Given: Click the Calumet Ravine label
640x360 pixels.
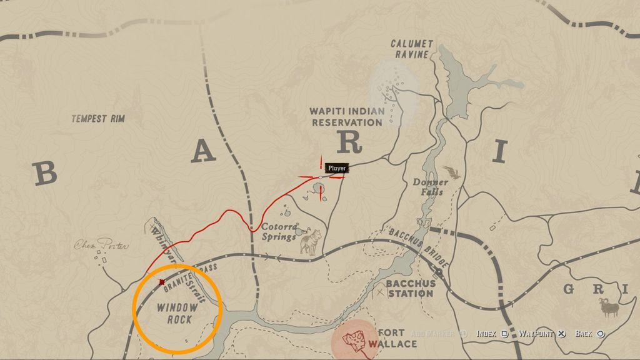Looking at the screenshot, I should pos(412,49).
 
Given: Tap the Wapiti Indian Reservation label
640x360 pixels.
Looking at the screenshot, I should pos(347,117).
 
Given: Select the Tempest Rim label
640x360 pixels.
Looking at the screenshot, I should pos(98,119).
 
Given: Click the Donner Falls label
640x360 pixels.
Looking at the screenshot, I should pos(430,187).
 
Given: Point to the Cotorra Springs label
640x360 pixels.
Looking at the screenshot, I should pos(279,232).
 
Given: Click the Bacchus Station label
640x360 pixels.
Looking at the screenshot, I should pos(410,288).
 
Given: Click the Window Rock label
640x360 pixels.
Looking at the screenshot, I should pos(177,314).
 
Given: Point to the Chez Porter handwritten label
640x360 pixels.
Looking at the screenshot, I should pos(101,246).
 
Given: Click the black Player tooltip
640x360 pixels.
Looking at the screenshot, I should pos(337,168).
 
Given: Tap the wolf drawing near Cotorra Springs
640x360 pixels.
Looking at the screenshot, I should pos(311,242).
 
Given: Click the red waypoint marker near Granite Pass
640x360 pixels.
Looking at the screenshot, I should pos(162,282).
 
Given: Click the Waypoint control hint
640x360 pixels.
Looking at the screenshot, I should pos(542,334).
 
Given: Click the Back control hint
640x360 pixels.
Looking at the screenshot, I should pos(589,334).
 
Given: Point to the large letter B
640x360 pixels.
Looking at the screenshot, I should pos(44,174).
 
